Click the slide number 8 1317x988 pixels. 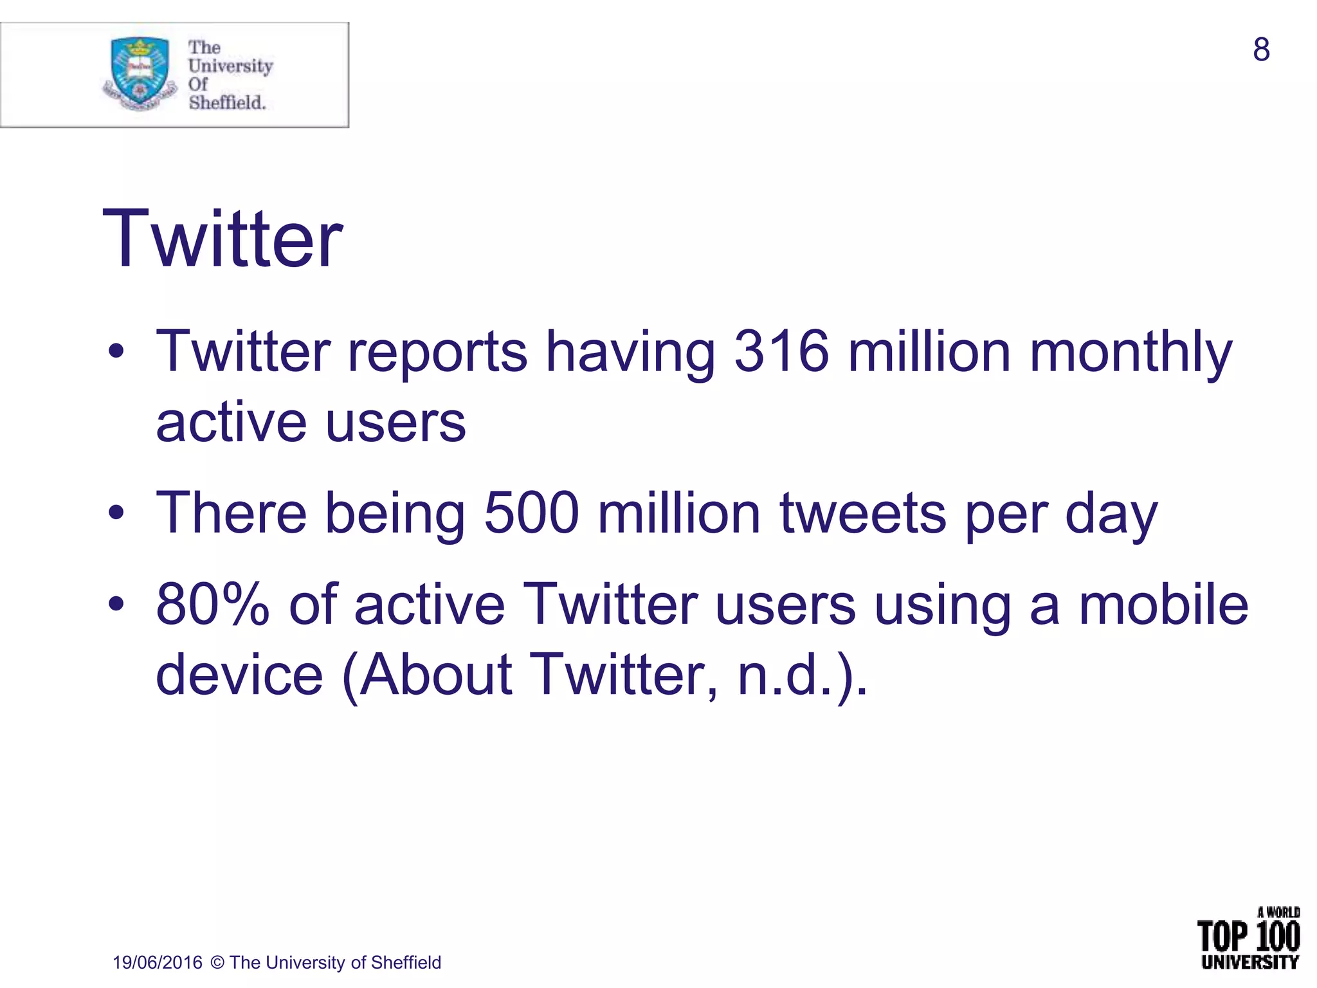point(1261,50)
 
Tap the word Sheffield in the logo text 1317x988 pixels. point(227,102)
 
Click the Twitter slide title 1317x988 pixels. point(222,239)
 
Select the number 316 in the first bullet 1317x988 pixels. point(781,352)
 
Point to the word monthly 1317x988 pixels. point(1131,353)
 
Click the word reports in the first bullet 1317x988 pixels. point(437,353)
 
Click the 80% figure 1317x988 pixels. point(213,605)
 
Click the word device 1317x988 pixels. point(239,675)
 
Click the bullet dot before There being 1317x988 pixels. point(116,513)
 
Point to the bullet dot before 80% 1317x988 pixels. point(116,604)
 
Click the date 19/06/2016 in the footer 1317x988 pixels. point(158,962)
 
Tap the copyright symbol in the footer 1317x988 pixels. point(217,962)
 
